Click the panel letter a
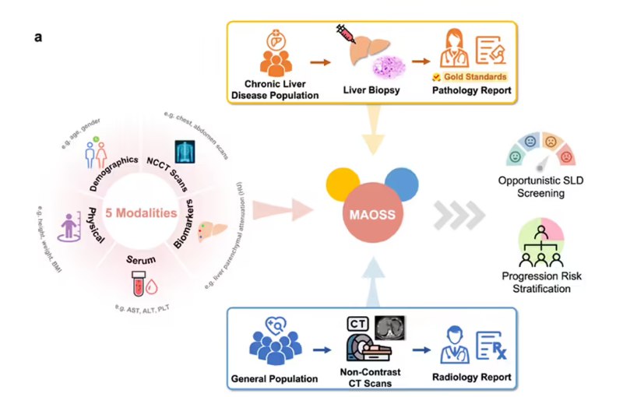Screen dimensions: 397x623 coord(37,37)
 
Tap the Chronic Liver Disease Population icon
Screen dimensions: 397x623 coord(273,53)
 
